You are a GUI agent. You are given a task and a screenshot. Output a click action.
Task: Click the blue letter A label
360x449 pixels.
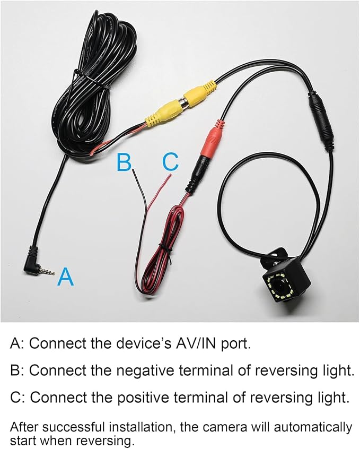66,277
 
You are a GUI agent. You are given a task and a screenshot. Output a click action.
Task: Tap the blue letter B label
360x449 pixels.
124,162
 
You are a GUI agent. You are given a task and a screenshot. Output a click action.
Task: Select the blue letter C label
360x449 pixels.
170,162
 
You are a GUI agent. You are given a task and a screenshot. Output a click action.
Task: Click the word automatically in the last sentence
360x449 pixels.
313,427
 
